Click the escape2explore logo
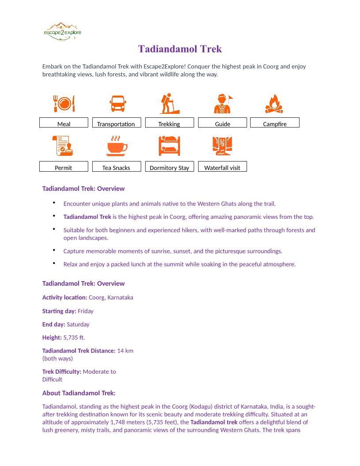[x=63, y=32]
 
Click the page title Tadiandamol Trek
[x=180, y=49]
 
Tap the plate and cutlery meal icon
[x=64, y=104]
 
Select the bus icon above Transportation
[x=117, y=104]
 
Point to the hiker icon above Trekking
[x=169, y=104]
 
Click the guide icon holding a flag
[x=223, y=104]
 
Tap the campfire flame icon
[x=274, y=104]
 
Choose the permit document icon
[x=64, y=146]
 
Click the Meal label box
[x=64, y=123]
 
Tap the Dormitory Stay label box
[x=169, y=166]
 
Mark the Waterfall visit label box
[x=222, y=166]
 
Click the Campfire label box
[x=275, y=123]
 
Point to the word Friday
[x=86, y=311]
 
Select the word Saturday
[x=78, y=324]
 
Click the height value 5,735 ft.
[x=74, y=338]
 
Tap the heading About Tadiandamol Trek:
[x=79, y=393]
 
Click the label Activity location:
[x=65, y=297]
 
